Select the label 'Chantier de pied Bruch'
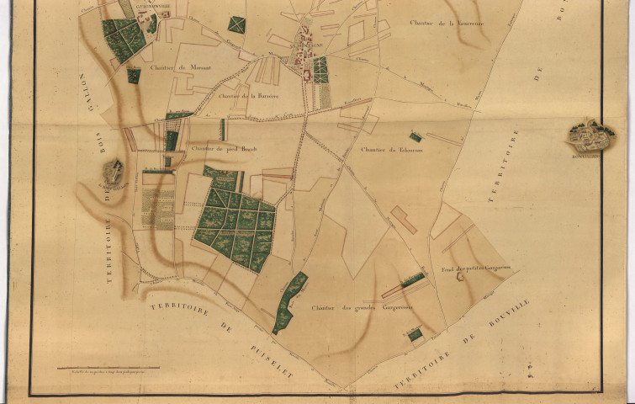point(222,149)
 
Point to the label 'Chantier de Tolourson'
point(386,150)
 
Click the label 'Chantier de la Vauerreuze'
point(443,24)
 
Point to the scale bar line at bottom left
point(108,367)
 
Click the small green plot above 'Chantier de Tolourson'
point(415,136)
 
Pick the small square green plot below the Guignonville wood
point(134,76)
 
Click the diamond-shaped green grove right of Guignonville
point(237,24)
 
